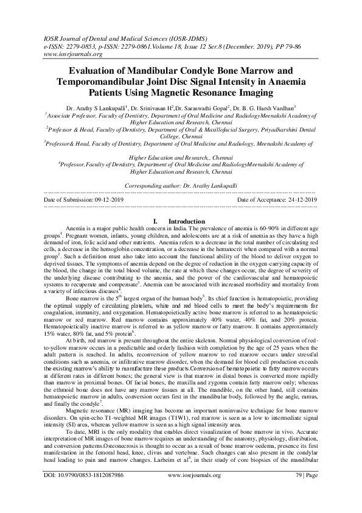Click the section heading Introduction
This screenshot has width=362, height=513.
tap(187, 221)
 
